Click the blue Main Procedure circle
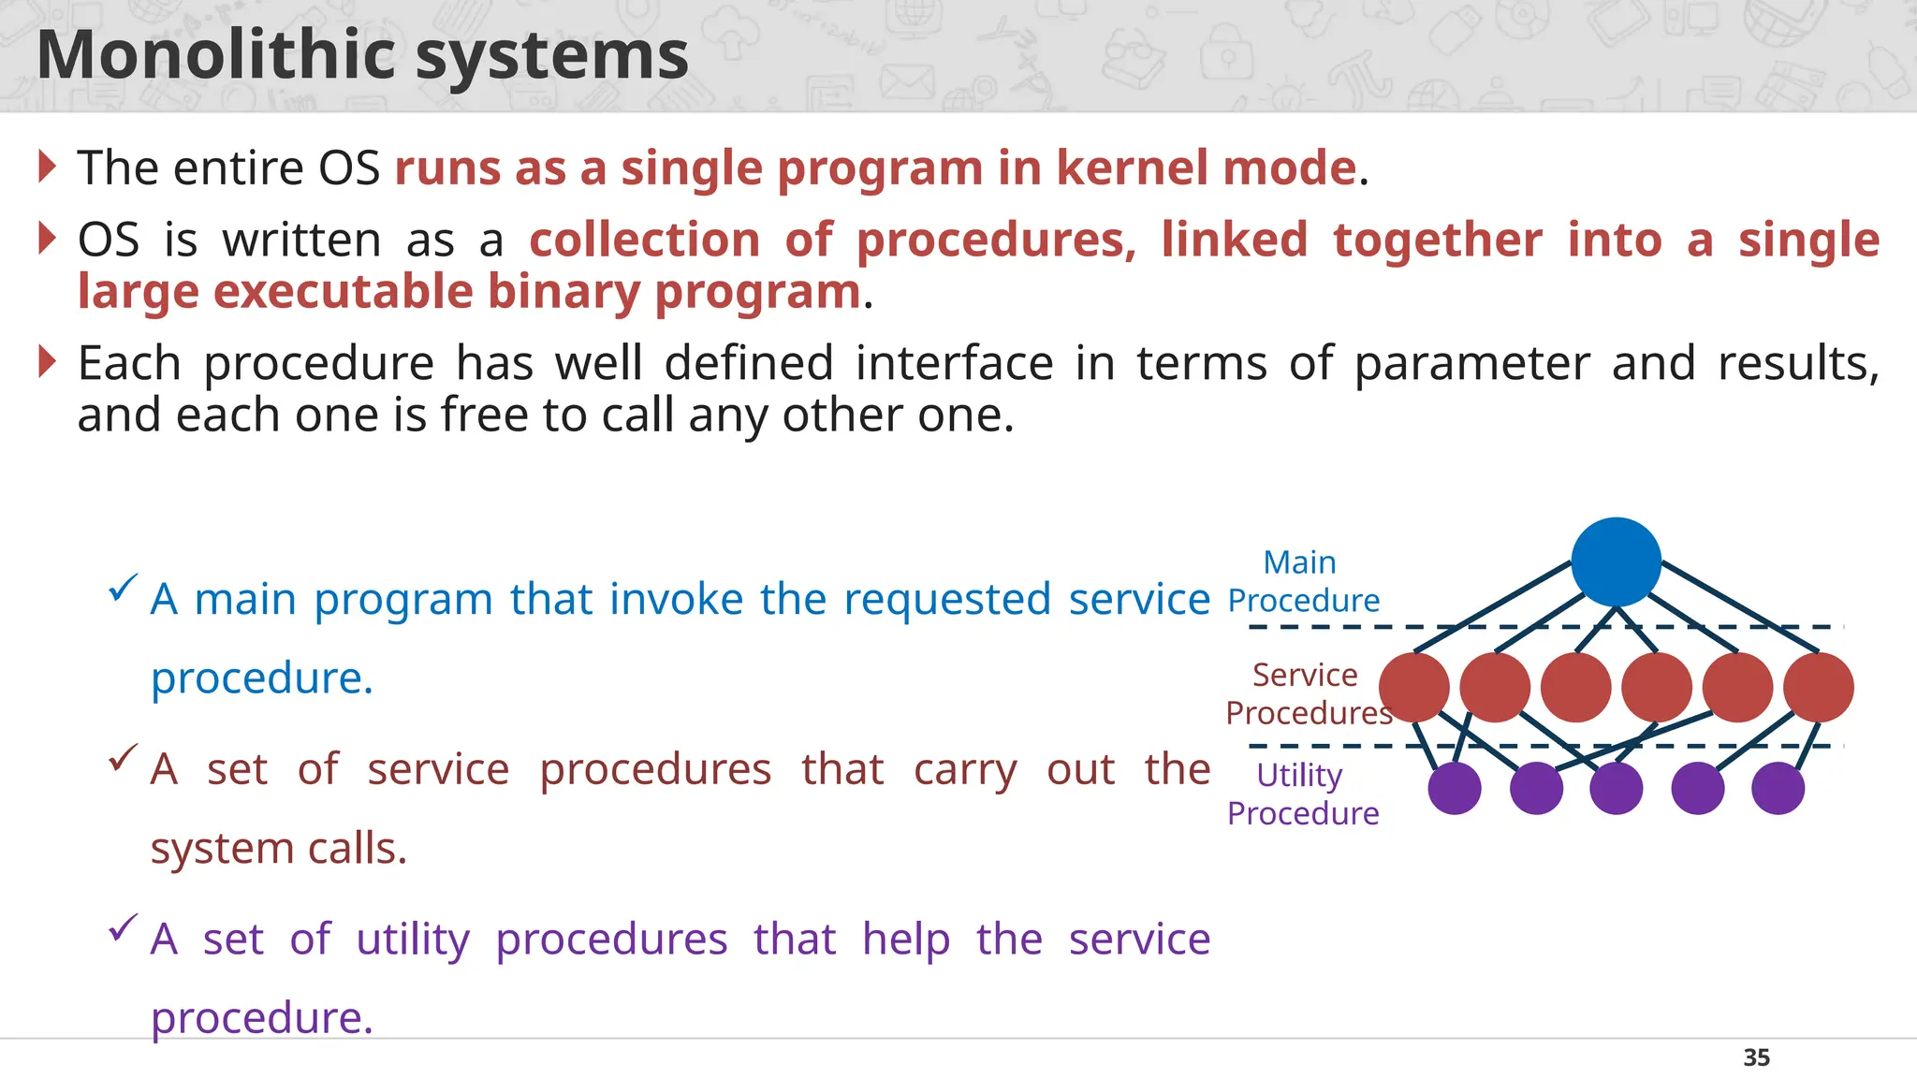(1616, 561)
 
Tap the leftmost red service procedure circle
(1414, 688)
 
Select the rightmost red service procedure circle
(1818, 688)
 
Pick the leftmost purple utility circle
(1455, 788)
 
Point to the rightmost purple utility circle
(1778, 788)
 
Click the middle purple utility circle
(1616, 788)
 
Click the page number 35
(1756, 1057)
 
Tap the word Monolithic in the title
(216, 56)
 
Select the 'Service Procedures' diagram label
(1307, 693)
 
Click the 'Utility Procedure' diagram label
(1302, 794)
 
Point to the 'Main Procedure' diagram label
(1302, 581)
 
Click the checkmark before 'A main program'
(124, 588)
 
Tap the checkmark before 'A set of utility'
(124, 928)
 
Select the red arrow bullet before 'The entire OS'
(48, 167)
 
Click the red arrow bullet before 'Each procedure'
(48, 361)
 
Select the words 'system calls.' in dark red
(279, 849)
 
